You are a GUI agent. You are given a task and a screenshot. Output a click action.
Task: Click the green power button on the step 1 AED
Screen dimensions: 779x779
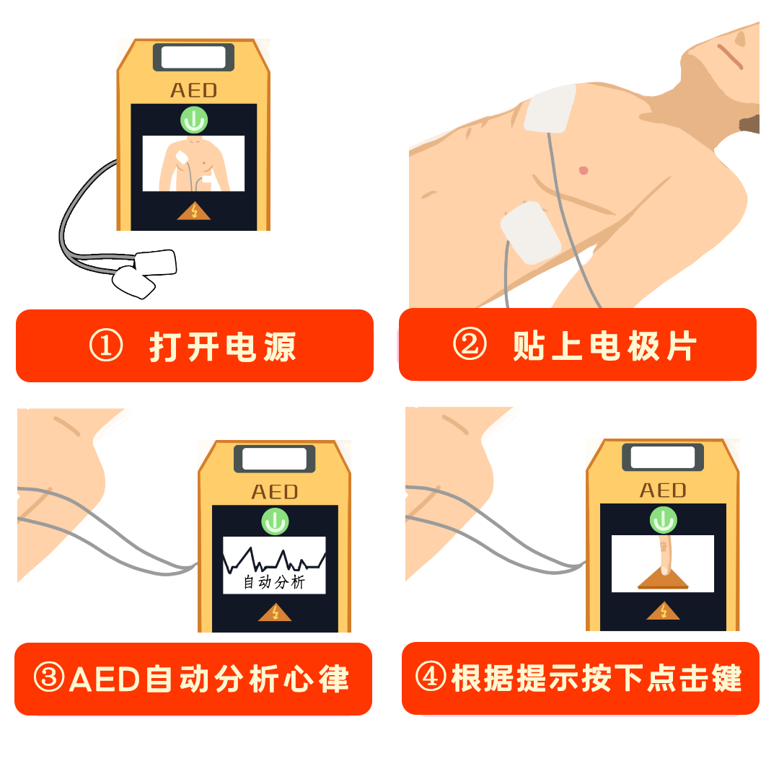click(194, 120)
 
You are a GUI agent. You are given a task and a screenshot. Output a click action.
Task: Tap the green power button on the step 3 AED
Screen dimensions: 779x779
click(275, 521)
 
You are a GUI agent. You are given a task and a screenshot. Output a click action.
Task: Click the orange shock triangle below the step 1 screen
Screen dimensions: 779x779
click(194, 211)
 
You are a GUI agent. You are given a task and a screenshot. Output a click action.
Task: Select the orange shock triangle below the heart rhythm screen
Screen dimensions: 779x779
click(275, 612)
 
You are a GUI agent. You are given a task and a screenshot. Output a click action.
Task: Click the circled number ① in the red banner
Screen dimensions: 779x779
click(106, 346)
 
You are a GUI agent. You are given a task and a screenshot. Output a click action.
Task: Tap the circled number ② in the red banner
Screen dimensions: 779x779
click(470, 344)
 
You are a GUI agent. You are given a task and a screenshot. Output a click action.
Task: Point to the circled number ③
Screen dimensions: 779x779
click(49, 677)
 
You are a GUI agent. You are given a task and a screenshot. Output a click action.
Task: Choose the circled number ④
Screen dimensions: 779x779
click(431, 676)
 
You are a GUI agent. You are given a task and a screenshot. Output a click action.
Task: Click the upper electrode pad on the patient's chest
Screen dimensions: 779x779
click(550, 108)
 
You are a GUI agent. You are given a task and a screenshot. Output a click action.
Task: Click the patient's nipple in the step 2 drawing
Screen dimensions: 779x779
click(584, 170)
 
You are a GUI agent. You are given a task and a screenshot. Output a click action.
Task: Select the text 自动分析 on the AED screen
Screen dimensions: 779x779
click(274, 582)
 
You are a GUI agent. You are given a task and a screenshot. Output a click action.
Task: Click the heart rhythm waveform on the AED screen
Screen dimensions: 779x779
click(274, 560)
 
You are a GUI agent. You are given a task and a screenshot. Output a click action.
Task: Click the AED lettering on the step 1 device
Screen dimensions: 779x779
click(194, 90)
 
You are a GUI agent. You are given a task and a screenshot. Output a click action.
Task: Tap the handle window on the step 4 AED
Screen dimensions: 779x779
click(663, 457)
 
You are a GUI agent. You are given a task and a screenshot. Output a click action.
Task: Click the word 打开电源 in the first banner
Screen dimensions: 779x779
click(223, 346)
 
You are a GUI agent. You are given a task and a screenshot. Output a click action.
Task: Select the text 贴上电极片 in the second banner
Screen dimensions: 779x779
click(604, 346)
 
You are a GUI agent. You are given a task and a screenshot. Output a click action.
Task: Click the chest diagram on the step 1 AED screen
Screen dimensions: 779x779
click(193, 164)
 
